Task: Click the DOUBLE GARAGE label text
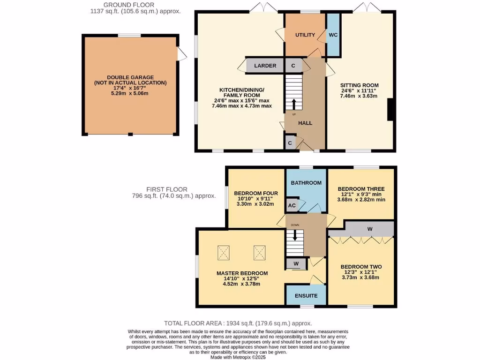click(x=130, y=77)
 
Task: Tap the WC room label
click(x=333, y=35)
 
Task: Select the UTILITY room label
click(x=305, y=35)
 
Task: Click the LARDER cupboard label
click(x=265, y=66)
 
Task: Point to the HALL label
click(x=306, y=123)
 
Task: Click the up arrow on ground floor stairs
click(x=294, y=103)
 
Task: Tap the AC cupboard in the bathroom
click(x=292, y=205)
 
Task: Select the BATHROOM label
click(x=306, y=183)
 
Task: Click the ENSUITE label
click(x=306, y=296)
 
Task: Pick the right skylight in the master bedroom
click(x=260, y=253)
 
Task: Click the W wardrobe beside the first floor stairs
click(x=296, y=264)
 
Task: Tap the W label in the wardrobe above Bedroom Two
click(x=370, y=229)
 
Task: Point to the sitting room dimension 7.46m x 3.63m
click(x=359, y=96)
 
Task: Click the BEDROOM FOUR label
click(x=256, y=193)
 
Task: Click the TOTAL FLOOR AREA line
click(x=238, y=323)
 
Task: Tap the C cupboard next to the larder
click(x=293, y=66)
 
